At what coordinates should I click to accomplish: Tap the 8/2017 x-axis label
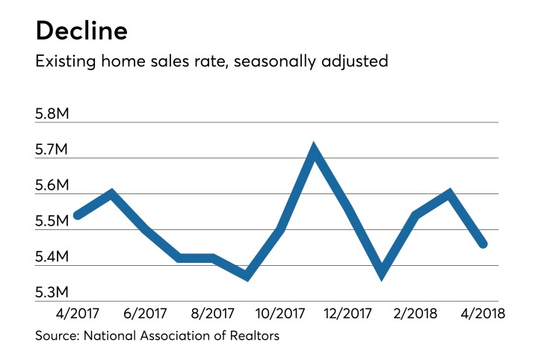(x=212, y=314)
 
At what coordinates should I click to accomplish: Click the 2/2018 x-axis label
(x=413, y=314)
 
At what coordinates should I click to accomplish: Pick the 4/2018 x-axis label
(x=480, y=314)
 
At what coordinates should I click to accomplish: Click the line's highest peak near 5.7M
(x=315, y=150)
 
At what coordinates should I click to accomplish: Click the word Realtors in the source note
(x=255, y=336)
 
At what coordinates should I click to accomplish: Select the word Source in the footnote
(x=56, y=336)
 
